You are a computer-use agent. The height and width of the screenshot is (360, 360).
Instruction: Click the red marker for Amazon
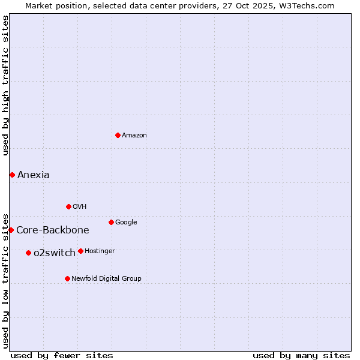pyautogui.click(x=118, y=135)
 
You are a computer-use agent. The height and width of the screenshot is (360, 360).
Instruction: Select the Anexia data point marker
pyautogui.click(x=12, y=175)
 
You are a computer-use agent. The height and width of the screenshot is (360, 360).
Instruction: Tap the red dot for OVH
pyautogui.click(x=68, y=206)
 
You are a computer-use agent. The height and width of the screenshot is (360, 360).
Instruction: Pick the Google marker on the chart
pyautogui.click(x=111, y=222)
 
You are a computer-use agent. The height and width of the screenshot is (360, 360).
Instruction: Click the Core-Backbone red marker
pyautogui.click(x=11, y=230)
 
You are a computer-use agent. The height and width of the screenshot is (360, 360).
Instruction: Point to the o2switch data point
pyautogui.click(x=28, y=253)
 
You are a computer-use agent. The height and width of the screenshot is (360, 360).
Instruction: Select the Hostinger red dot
pyautogui.click(x=80, y=251)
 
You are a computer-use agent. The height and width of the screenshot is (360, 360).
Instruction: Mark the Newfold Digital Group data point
pyautogui.click(x=67, y=278)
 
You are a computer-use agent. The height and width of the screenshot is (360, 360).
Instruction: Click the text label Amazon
pyautogui.click(x=134, y=136)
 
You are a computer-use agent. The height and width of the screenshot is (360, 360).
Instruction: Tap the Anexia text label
pyautogui.click(x=34, y=175)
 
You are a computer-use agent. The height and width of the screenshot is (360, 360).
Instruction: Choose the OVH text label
pyautogui.click(x=80, y=207)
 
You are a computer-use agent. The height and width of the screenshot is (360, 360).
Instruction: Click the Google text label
pyautogui.click(x=126, y=223)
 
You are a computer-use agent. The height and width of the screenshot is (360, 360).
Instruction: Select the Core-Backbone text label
pyautogui.click(x=53, y=230)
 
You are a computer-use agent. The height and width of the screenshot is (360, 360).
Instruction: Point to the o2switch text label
pyautogui.click(x=55, y=253)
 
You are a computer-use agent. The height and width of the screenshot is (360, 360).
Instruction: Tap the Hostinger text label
pyautogui.click(x=100, y=251)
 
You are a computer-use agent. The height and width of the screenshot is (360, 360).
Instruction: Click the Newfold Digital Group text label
pyautogui.click(x=107, y=279)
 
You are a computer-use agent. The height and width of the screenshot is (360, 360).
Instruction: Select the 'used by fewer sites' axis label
pyautogui.click(x=62, y=355)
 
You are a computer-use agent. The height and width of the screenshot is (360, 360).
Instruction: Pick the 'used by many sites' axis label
pyautogui.click(x=301, y=355)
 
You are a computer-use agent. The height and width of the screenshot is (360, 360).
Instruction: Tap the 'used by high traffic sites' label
pyautogui.click(x=5, y=85)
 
